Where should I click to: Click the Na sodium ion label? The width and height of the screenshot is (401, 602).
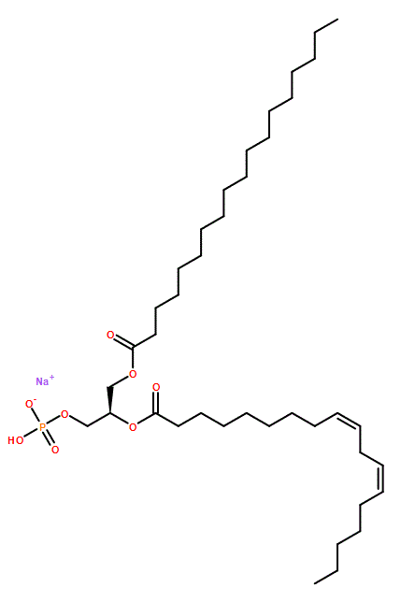point(42,381)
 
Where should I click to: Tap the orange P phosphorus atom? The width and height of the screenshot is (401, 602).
point(42,427)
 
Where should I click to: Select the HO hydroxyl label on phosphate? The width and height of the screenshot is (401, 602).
point(16,440)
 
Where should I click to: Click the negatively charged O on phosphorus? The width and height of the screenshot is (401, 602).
point(29,404)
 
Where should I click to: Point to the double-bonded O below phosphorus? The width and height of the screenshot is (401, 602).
point(55,450)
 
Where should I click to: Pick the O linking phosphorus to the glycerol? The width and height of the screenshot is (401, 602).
point(64,414)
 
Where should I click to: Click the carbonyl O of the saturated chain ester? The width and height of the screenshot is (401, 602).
point(110,336)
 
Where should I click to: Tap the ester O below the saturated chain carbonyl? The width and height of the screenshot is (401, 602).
point(133,374)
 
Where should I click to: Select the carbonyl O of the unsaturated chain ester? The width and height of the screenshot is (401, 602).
point(156,387)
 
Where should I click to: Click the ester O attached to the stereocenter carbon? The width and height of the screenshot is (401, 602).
point(133,427)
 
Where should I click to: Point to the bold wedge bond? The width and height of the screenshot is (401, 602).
point(109,400)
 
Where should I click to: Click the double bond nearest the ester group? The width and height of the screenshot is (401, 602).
point(349,420)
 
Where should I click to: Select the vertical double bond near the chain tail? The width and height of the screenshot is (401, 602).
point(381,480)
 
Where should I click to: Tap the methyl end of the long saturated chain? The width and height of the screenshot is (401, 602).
point(337,20)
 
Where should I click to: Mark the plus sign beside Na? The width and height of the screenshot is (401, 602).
point(51,378)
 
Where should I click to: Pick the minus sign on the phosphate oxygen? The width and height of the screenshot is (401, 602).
point(34,400)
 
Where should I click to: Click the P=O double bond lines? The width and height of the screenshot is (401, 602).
point(49,438)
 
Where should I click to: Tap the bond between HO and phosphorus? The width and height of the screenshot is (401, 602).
point(31,433)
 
